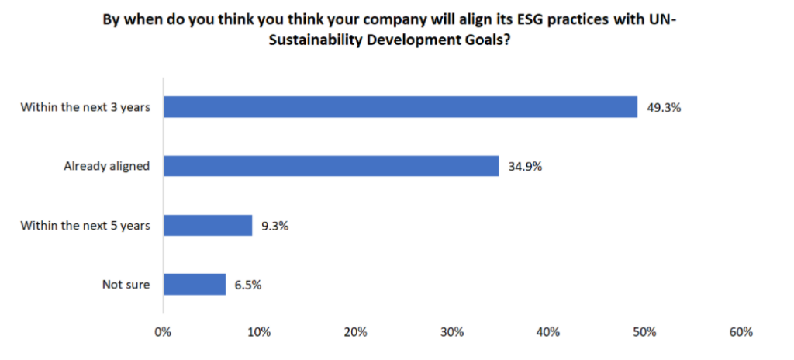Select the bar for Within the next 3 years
[399, 107]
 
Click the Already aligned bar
[330, 166]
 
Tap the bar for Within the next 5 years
[207, 225]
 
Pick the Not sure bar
[194, 284]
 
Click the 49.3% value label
[664, 108]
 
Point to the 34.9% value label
[525, 167]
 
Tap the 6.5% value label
[248, 285]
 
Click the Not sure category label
[126, 285]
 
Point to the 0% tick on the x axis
[163, 333]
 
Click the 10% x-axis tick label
[259, 333]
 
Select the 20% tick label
[355, 333]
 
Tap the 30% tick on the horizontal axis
[452, 333]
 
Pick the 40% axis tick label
[548, 333]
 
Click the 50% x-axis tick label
[644, 333]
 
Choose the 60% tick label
[741, 333]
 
